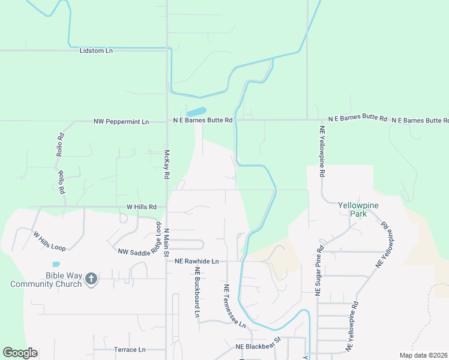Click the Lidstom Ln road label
96,51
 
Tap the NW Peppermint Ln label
121,121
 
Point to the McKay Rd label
167,165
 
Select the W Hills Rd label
142,206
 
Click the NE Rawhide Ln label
197,262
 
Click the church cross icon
91,279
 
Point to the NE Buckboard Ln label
197,292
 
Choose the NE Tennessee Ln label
235,305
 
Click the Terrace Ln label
130,349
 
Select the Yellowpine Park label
358,209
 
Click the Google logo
20,353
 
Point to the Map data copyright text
423,355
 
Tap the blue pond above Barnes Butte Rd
196,112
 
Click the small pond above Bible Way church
56,264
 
